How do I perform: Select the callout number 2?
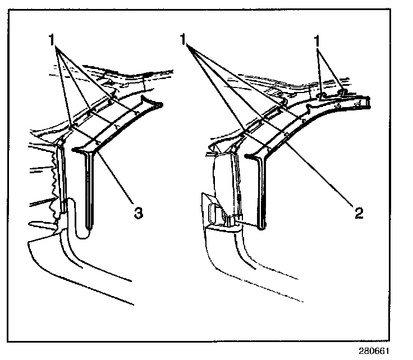pyautogui.click(x=359, y=213)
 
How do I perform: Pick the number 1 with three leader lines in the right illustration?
pyautogui.click(x=184, y=40)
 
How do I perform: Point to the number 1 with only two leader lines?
pyautogui.click(x=318, y=41)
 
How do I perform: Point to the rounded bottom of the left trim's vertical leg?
pyautogui.click(x=84, y=234)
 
